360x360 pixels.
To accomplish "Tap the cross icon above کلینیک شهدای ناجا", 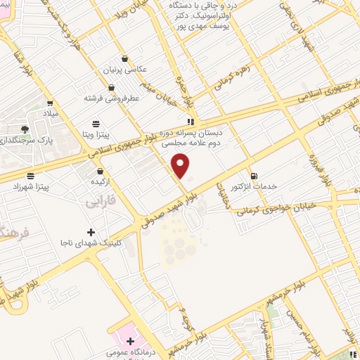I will (90, 232).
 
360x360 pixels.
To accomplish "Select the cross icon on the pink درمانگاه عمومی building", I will (131, 340).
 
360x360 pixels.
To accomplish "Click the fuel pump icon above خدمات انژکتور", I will (254, 175).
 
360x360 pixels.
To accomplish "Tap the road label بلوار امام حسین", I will (304, 326).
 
